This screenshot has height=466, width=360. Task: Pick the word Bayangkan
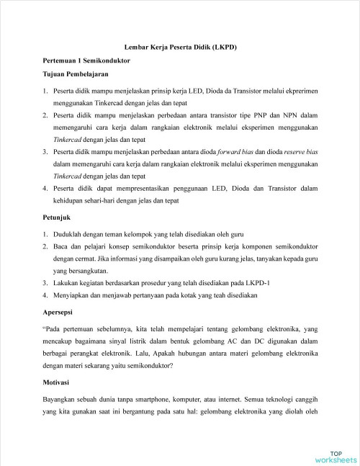[x=62, y=398]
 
